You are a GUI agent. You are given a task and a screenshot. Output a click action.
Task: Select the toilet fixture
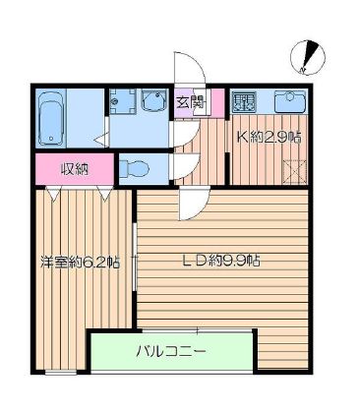pos(135,167)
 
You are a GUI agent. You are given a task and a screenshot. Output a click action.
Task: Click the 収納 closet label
pos(75,168)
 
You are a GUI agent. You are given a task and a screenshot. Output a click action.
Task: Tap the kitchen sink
pos(289,101)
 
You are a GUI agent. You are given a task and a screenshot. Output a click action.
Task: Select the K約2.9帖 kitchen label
pos(269,138)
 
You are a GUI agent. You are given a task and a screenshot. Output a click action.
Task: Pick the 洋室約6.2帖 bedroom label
pos(81,263)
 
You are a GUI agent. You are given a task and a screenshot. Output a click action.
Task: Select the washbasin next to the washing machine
pos(153,101)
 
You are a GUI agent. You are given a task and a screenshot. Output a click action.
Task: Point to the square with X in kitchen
pos(291,173)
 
